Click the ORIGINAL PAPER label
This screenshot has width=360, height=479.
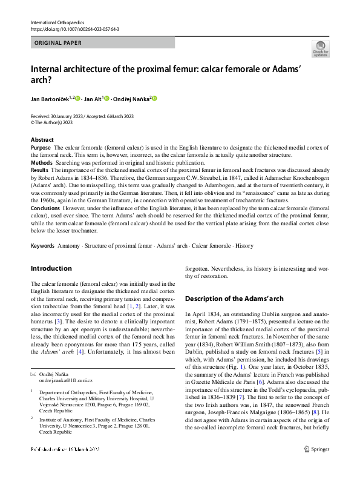point(59,43)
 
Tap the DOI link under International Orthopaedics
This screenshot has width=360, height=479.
point(74,29)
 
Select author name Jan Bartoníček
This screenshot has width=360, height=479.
point(52,98)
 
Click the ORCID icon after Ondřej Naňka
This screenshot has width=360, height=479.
point(154,98)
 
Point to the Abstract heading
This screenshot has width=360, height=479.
point(42,140)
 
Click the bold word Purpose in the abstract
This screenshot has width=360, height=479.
point(41,148)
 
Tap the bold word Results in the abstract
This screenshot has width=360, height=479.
point(40,171)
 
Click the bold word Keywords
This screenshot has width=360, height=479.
point(42,246)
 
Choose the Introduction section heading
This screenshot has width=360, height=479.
point(51,268)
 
